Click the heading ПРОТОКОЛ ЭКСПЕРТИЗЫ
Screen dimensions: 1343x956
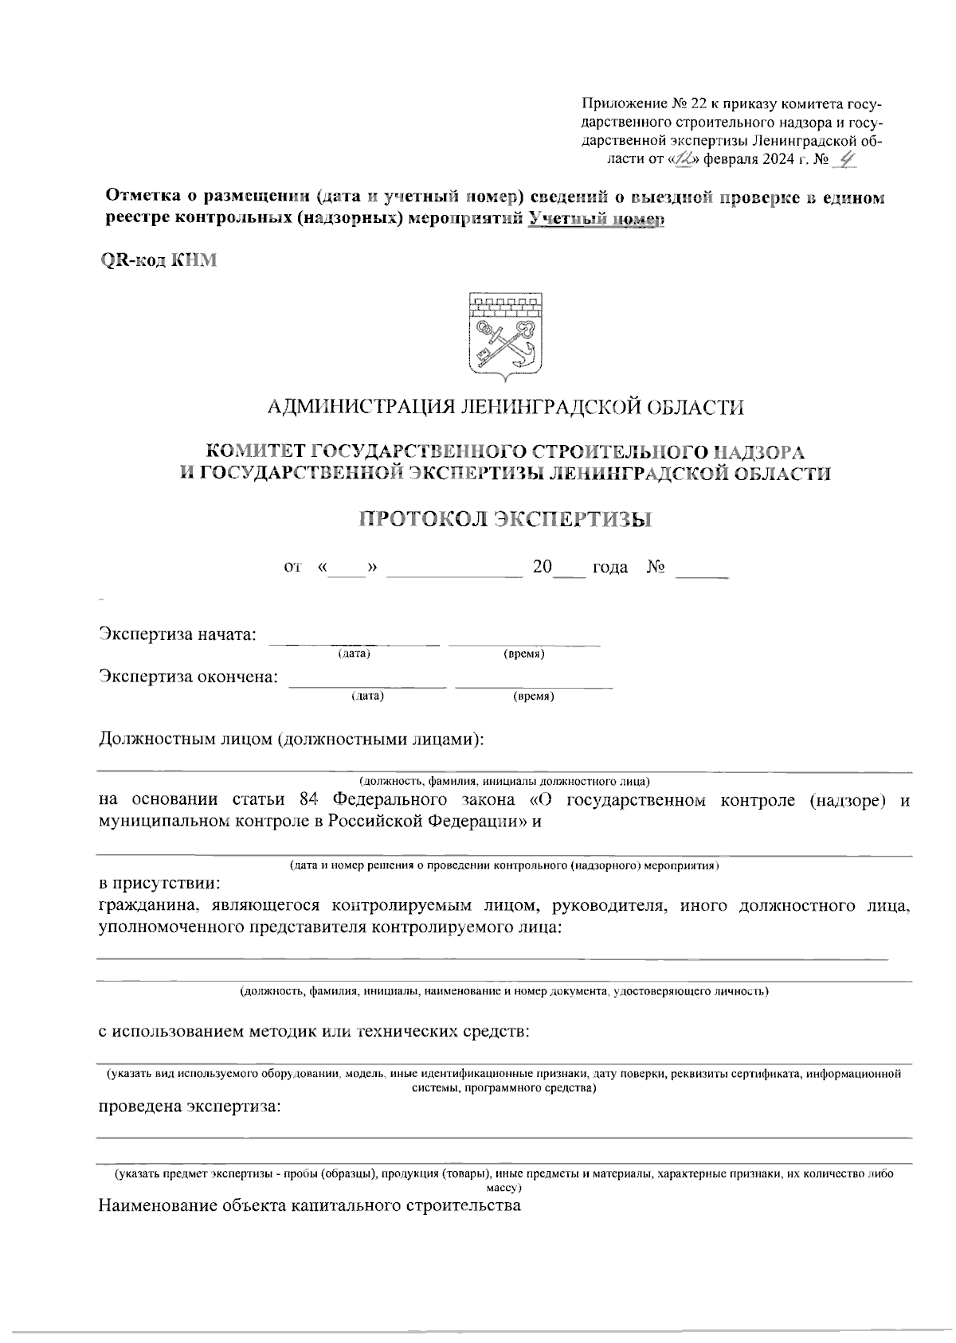tap(505, 519)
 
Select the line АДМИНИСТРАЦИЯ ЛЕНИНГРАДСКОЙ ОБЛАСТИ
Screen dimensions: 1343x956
tap(505, 408)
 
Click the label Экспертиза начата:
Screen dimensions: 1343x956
tap(178, 634)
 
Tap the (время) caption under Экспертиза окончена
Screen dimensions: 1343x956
tap(534, 697)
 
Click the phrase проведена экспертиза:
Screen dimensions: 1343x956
tap(189, 1107)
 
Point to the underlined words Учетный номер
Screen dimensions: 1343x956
tap(597, 219)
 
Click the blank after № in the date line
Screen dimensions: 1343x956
tap(701, 568)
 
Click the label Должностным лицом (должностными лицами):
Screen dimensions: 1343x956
tap(292, 739)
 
